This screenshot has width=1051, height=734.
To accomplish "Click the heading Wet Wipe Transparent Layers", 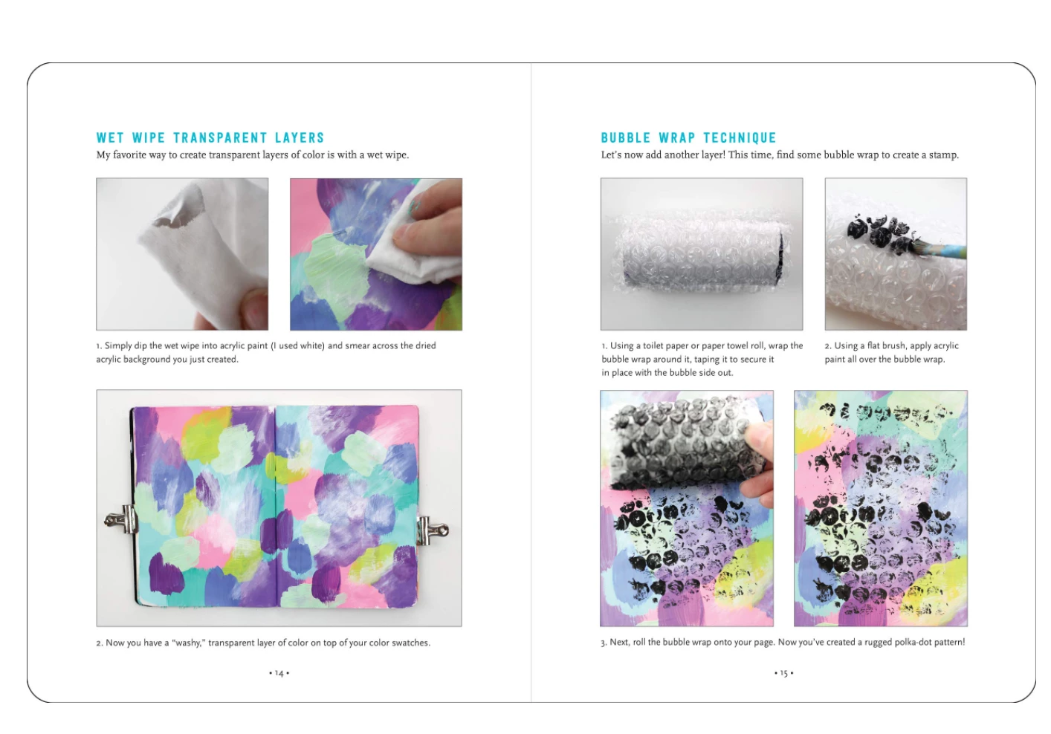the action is pos(210,138).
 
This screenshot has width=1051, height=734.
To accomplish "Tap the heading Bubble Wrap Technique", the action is pos(688,138).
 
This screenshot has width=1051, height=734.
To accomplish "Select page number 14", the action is pos(279,673).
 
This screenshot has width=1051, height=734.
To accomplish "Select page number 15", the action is pos(783,673).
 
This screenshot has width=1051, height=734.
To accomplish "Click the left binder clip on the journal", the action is pos(121,519).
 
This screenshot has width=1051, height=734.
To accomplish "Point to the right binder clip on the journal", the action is pos(432,530).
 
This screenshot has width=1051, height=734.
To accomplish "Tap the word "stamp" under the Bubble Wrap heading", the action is pos(942,155).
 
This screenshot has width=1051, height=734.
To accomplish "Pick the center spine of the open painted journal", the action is pos(276,507).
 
